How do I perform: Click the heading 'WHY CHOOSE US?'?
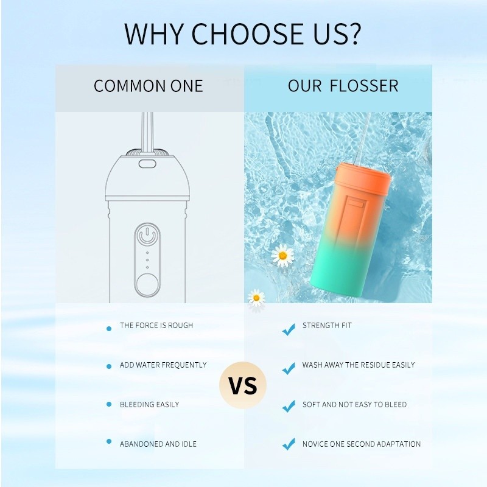click(x=243, y=34)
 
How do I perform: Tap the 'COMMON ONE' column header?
click(x=149, y=86)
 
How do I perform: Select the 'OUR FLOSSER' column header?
click(x=343, y=86)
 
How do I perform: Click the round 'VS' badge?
click(x=243, y=385)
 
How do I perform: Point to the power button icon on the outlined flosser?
click(x=147, y=236)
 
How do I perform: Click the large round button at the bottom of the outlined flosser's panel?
click(x=147, y=284)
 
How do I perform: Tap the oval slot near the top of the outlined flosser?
click(x=147, y=164)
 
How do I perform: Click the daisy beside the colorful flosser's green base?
click(x=282, y=256)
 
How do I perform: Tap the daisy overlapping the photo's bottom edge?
click(x=256, y=298)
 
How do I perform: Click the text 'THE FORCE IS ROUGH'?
click(x=156, y=326)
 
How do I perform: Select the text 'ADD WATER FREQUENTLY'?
click(x=163, y=365)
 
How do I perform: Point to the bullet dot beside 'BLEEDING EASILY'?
click(x=109, y=404)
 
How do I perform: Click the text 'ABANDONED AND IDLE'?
click(x=158, y=444)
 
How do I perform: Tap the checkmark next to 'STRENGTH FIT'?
click(x=289, y=329)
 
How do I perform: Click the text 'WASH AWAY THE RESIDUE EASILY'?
click(x=359, y=365)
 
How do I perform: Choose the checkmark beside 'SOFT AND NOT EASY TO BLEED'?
click(x=289, y=406)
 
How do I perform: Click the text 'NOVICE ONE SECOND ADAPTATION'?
click(x=362, y=444)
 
